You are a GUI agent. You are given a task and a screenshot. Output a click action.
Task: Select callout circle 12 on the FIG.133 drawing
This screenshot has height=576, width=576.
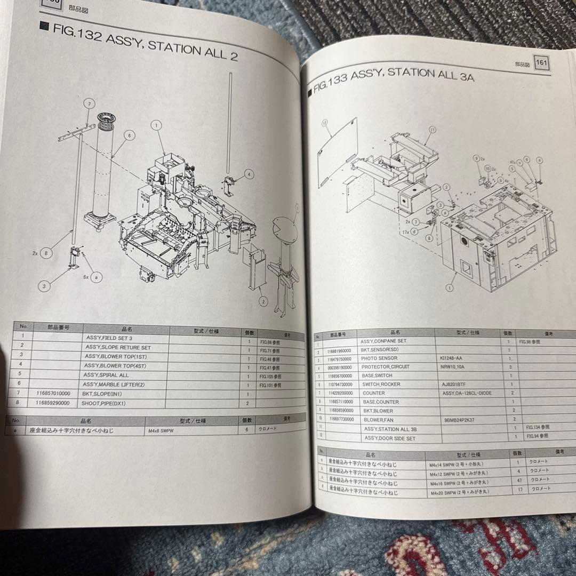324,123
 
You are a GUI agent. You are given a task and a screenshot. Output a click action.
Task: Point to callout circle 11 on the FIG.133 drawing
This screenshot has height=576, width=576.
432,130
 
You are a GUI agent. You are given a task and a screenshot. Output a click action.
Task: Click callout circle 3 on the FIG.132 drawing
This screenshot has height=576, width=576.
44,286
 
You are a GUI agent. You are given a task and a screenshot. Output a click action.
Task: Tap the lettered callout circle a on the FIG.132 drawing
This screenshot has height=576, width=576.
95,278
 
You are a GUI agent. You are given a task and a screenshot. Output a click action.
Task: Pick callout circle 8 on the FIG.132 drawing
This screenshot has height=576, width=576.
47,253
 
